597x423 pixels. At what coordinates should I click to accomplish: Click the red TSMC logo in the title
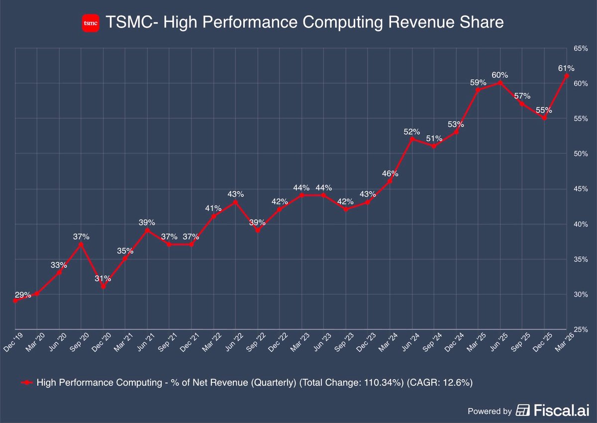(x=90, y=23)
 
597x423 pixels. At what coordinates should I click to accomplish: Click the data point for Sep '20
(x=81, y=244)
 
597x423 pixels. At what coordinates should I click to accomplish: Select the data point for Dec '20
(x=103, y=287)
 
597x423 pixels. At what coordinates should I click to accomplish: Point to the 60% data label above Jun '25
(x=500, y=75)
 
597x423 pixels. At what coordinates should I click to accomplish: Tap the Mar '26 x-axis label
(x=561, y=341)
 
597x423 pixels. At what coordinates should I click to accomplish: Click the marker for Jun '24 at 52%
(x=411, y=139)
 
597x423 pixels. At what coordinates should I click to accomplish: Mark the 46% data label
(x=390, y=174)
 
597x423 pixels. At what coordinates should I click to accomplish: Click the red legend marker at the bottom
(x=28, y=382)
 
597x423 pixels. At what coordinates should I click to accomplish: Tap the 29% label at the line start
(x=23, y=295)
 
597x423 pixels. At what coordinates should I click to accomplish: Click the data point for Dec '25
(x=545, y=118)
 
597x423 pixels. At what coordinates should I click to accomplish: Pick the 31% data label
(x=103, y=279)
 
